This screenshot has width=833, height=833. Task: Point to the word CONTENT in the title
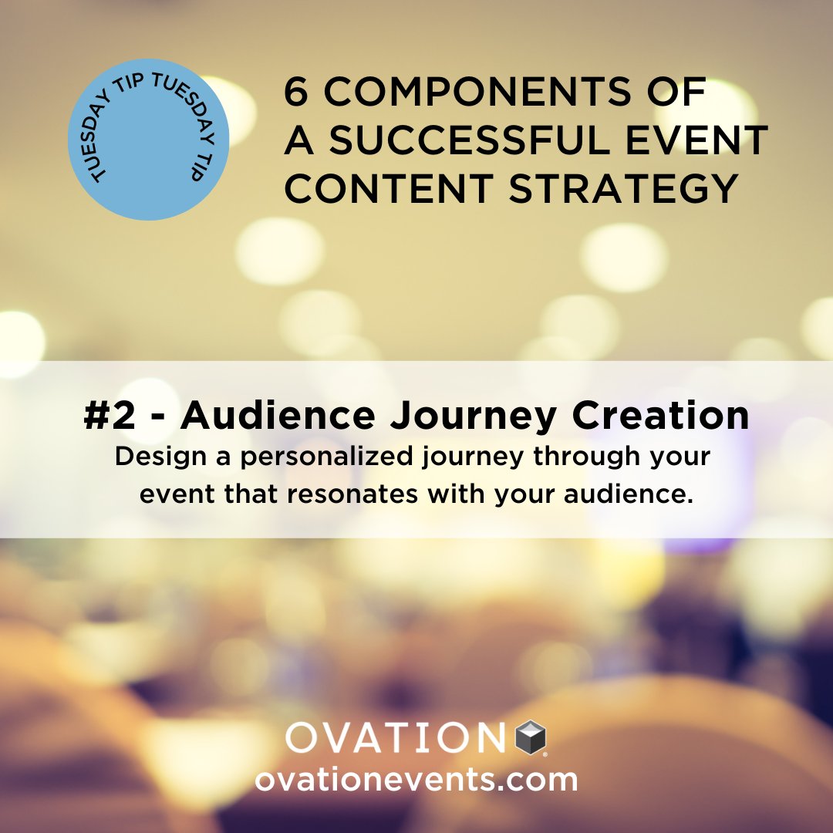[x=390, y=189]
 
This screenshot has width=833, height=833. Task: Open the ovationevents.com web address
[x=416, y=779]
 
